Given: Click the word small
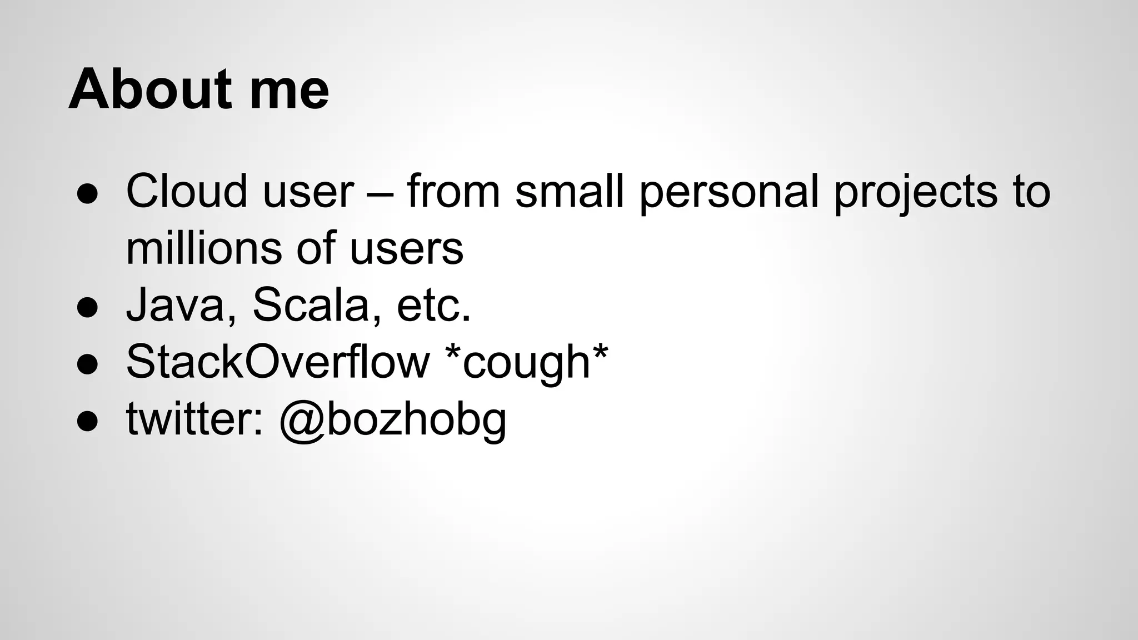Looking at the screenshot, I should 570,192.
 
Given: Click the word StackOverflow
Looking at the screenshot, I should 278,363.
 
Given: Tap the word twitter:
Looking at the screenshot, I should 195,419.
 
